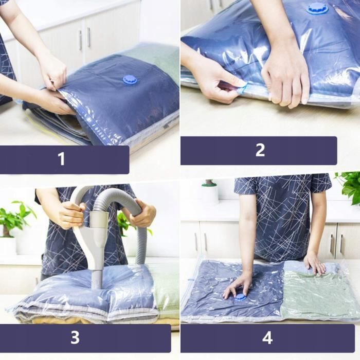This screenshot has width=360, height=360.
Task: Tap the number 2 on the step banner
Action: point(260,150)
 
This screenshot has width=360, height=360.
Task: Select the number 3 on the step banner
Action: point(75,338)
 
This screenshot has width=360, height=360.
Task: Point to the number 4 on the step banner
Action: point(267,338)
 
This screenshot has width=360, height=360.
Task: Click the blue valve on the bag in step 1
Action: point(130,80)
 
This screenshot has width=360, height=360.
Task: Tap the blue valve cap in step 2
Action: point(317,8)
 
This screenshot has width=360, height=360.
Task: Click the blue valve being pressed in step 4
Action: point(240,297)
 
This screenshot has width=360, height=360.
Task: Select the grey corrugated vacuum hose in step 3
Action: point(126,206)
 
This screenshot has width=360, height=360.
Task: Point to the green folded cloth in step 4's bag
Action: point(319,293)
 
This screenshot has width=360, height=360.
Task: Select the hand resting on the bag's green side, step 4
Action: point(314,263)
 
